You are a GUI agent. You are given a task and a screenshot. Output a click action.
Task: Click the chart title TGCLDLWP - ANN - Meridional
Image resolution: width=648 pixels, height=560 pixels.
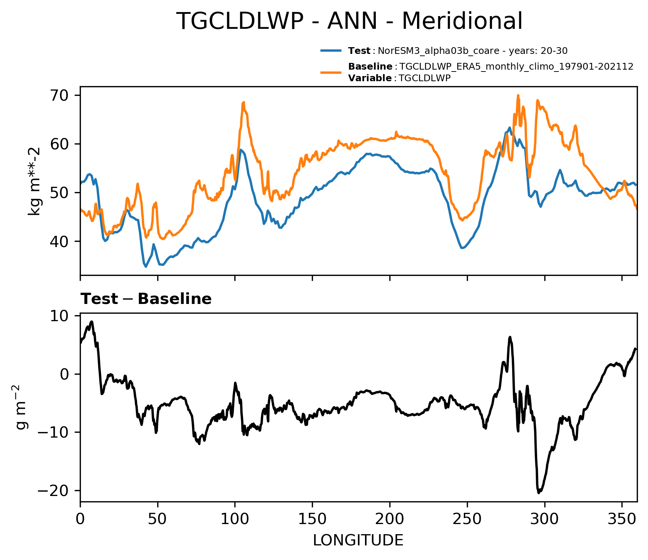point(349,21)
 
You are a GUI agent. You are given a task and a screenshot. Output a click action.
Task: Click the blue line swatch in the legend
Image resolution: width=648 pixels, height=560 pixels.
point(331,51)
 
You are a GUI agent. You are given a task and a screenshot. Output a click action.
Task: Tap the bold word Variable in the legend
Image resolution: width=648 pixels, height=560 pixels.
point(370,78)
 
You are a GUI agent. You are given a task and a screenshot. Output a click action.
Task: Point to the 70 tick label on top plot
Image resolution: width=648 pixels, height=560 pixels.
point(61,95)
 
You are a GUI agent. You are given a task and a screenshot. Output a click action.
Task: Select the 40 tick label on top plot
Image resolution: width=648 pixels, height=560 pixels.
point(61,241)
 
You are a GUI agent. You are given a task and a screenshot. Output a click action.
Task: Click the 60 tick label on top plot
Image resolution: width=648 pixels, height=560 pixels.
point(61,144)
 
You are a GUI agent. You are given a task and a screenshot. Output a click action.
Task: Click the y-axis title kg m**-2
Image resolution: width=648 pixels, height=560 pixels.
point(34,181)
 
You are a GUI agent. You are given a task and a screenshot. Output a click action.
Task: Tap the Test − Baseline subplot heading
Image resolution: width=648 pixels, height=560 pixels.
point(146,299)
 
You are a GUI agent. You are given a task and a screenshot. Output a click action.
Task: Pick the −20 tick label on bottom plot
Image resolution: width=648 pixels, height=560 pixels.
point(56,490)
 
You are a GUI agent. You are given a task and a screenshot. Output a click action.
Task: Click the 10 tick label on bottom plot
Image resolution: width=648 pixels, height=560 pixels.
point(61,316)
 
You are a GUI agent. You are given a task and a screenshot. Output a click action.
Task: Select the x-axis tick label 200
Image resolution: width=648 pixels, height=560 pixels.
point(390,519)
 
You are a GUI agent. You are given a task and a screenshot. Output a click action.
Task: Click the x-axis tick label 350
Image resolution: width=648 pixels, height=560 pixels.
point(622,519)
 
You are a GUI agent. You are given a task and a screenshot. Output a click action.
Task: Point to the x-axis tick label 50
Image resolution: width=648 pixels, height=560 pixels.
point(158,519)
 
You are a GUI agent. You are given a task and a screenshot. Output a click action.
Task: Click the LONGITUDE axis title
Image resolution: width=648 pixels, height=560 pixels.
point(358,540)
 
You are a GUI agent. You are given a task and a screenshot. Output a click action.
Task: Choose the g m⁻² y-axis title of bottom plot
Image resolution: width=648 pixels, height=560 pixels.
point(22,407)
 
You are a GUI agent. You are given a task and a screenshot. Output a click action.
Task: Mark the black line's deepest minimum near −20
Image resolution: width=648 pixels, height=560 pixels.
point(539,493)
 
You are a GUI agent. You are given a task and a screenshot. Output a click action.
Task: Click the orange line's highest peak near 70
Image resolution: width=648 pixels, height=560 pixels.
point(518,95)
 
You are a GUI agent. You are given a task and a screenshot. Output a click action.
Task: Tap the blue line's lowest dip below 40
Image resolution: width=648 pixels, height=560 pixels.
point(146,267)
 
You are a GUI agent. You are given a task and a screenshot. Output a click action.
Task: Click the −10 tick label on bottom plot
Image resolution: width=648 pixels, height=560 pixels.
point(56,432)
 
